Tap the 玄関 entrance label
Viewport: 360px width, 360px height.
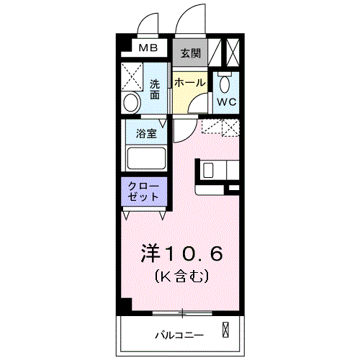(x=190, y=53)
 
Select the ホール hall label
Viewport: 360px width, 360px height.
(x=190, y=83)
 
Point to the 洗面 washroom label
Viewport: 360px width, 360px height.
(x=155, y=88)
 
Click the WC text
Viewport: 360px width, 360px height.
(x=227, y=102)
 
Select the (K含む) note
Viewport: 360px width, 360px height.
(x=181, y=276)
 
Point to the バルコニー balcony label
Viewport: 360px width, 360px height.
(x=179, y=335)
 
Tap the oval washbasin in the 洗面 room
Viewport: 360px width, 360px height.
(x=130, y=102)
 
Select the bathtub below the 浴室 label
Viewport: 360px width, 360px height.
(x=146, y=158)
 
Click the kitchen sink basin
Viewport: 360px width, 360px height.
(x=207, y=171)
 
